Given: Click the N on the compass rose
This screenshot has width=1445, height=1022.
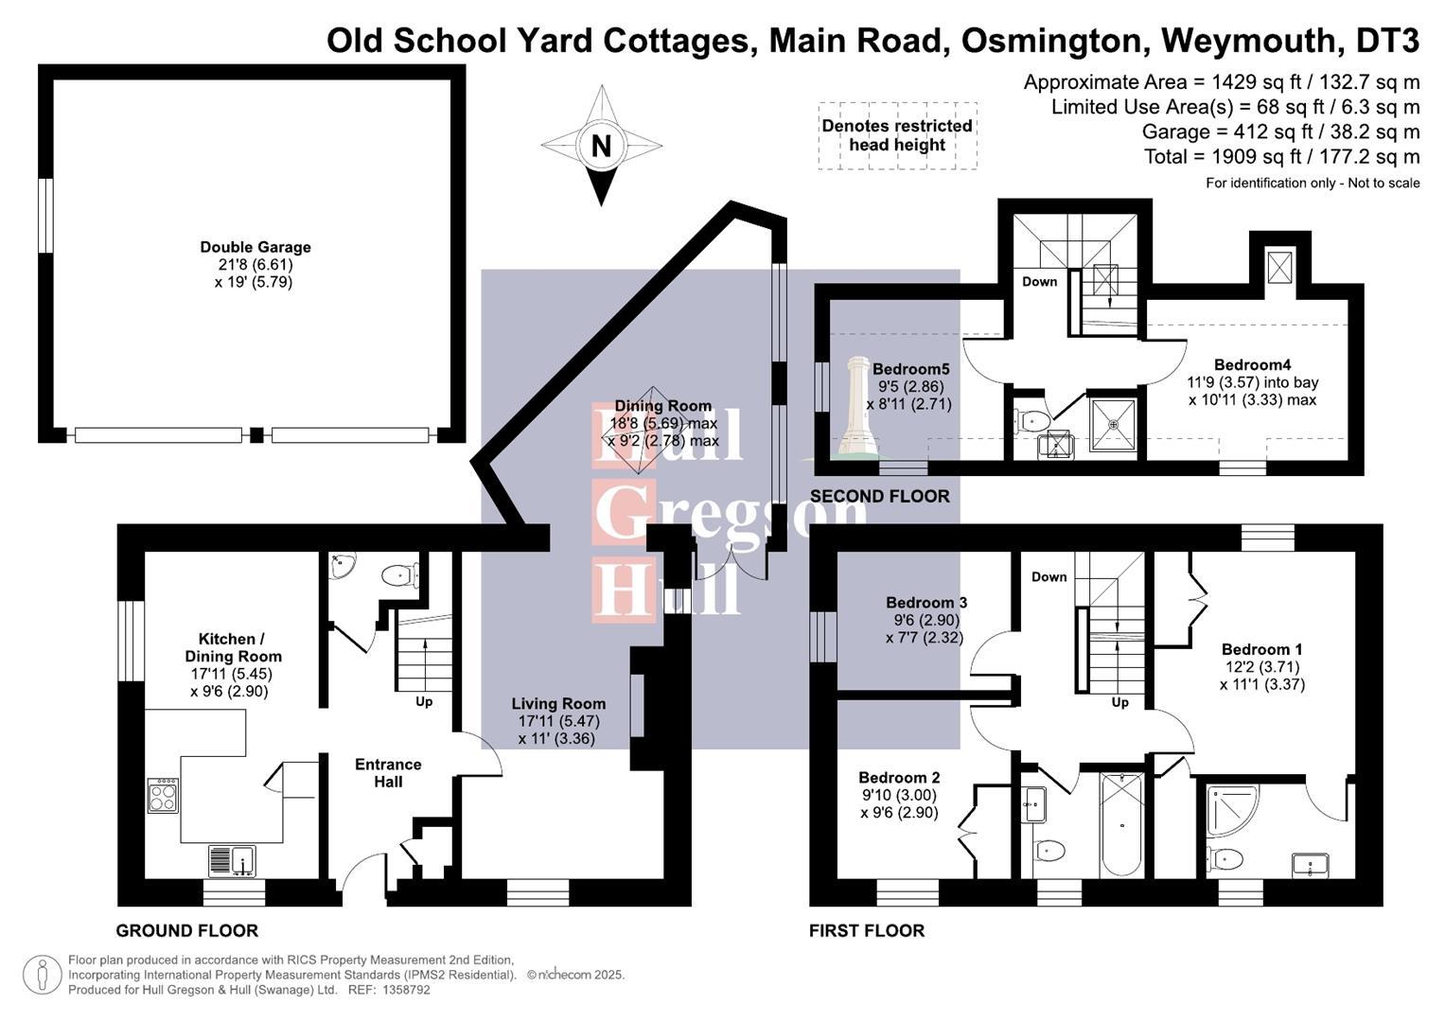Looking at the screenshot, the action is tap(601, 146).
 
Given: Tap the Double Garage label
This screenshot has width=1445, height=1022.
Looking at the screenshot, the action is tap(256, 247).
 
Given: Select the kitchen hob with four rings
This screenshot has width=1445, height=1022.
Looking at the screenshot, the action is tap(163, 796).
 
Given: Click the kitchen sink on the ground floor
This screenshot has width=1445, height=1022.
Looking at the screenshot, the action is tap(232, 861).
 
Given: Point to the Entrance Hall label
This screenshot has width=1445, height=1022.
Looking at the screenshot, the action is tap(388, 773).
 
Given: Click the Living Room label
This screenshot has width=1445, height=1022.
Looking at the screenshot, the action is tap(558, 704).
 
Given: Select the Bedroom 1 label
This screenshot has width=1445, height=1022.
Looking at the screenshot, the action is tap(1261, 649).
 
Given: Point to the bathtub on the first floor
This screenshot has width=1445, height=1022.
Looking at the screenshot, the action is tap(1122, 826).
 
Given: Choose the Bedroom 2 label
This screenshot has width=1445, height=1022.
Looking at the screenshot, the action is tap(899, 778).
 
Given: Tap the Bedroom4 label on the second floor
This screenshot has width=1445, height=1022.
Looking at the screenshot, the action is tap(1252, 364).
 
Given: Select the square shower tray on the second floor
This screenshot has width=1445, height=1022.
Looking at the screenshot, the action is tap(1114, 424).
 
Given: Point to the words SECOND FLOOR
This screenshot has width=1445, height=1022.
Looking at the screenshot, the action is tap(880, 496).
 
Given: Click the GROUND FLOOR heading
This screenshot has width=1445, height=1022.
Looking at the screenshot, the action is tap(187, 930).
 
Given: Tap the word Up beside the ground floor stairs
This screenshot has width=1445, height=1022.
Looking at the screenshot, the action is tap(424, 701).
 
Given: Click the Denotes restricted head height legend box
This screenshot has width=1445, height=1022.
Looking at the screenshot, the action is tap(897, 135).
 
